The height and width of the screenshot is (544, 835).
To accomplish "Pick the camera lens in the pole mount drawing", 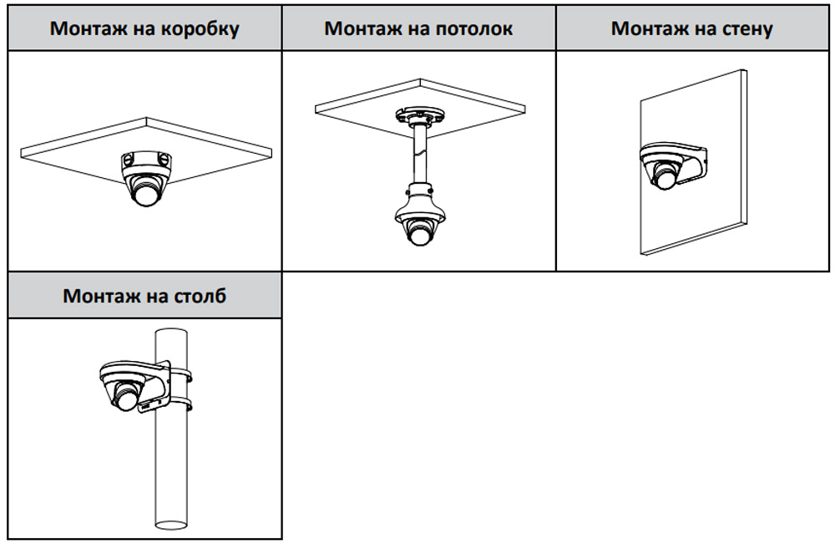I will pyautogui.click(x=124, y=399).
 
